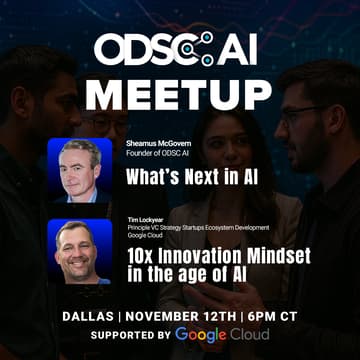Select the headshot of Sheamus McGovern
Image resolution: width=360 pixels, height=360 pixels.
click(x=80, y=171)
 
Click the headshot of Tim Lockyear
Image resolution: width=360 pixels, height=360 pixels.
click(x=80, y=252)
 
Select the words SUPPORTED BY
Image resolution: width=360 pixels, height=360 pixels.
click(x=119, y=334)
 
